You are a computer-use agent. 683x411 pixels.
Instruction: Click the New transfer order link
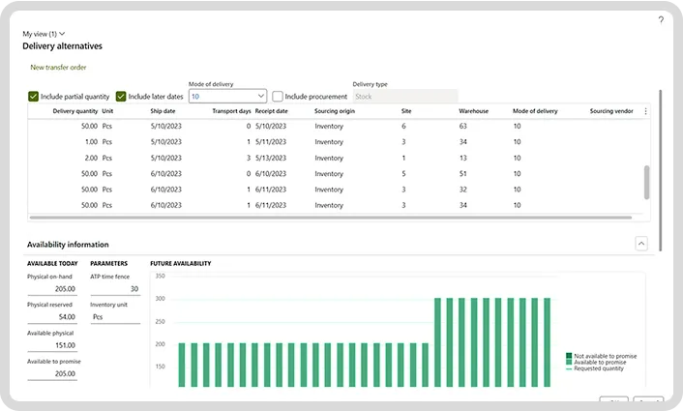click(58, 68)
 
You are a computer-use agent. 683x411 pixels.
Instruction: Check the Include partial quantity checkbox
click(34, 97)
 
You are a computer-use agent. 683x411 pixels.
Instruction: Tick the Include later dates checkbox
click(121, 97)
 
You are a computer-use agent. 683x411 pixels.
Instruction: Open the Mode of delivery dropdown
click(260, 97)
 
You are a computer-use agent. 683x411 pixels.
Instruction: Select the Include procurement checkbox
click(278, 97)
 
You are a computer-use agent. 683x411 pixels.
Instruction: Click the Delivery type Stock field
click(404, 97)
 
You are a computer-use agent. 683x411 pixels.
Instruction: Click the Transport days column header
click(231, 111)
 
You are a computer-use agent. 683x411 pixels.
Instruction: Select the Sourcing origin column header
click(339, 111)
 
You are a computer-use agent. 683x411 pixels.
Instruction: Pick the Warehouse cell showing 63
click(462, 127)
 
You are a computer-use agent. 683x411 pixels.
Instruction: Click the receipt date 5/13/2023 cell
click(272, 158)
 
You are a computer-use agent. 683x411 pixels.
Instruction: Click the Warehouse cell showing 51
click(462, 174)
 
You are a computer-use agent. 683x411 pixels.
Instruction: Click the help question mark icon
click(661, 19)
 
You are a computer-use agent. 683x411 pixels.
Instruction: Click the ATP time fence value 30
click(134, 289)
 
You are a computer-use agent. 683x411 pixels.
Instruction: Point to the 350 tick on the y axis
click(160, 277)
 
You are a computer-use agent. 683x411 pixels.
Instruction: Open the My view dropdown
click(44, 34)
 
